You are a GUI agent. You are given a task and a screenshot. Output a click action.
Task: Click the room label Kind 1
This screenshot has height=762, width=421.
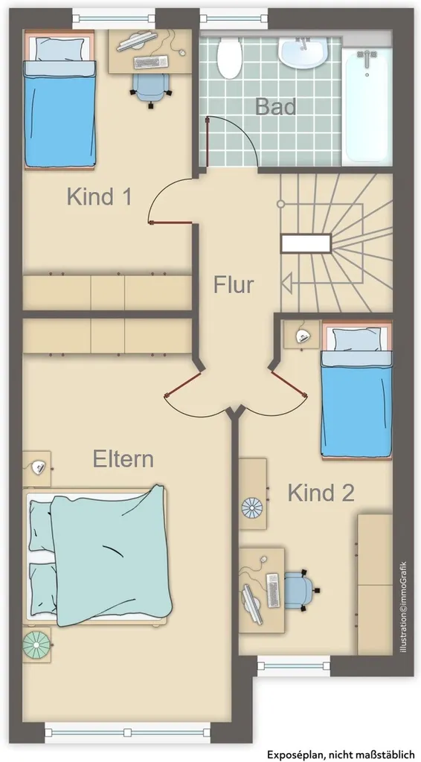(99, 196)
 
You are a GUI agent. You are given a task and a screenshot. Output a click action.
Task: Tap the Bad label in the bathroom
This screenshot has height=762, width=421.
(276, 106)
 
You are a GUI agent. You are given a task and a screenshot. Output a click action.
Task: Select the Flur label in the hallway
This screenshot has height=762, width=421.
(234, 285)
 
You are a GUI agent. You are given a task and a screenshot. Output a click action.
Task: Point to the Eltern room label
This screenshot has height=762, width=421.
(123, 458)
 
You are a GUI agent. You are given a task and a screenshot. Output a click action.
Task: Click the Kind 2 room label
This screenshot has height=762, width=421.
(321, 493)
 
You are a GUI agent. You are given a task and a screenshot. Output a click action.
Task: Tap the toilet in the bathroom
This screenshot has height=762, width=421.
(230, 58)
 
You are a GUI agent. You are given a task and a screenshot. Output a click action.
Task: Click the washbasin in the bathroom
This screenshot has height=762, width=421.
(303, 53)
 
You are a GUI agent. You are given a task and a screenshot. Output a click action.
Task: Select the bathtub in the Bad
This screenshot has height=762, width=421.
(367, 107)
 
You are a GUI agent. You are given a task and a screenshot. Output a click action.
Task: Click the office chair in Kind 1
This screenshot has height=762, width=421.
(152, 89)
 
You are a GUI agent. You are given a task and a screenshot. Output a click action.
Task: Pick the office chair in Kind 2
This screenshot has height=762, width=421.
(301, 590)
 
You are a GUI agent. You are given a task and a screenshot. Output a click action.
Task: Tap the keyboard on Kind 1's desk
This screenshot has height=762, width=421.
(151, 63)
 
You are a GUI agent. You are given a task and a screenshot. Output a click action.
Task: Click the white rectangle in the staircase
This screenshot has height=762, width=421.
(306, 243)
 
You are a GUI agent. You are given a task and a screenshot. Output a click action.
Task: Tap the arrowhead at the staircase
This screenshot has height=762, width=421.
(286, 284)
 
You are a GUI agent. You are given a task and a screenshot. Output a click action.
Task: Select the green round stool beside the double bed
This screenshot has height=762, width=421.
(36, 644)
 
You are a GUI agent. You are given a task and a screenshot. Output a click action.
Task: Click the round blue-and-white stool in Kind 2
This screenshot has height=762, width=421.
(252, 508)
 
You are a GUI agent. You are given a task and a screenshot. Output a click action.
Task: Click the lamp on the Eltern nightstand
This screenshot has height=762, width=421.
(38, 467)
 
